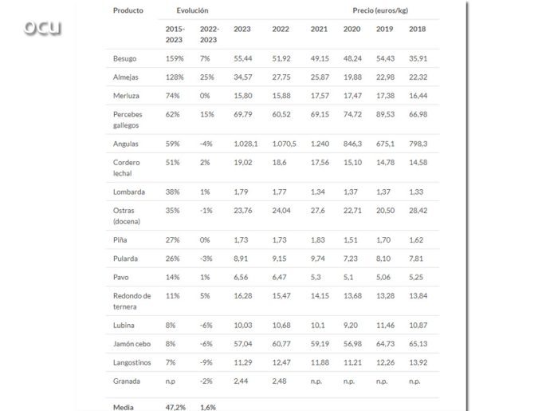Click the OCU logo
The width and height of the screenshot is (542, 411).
[x=42, y=28]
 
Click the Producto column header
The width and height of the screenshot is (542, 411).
[x=128, y=10]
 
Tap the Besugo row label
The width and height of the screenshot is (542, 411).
[x=124, y=59]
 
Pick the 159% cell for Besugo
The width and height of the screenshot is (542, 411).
[x=175, y=59]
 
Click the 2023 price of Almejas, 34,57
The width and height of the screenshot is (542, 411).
[x=243, y=77]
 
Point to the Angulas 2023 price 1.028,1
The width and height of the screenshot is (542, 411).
[x=245, y=144]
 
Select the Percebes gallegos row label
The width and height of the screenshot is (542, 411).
[x=128, y=119]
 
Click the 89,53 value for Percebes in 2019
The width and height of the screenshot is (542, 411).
[x=385, y=114]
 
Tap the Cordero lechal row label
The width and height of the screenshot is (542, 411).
[x=127, y=168]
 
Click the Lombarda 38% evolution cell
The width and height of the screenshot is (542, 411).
[x=175, y=192]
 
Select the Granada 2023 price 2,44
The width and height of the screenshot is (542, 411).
[x=242, y=381]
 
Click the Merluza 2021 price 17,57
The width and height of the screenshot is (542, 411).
[x=319, y=96]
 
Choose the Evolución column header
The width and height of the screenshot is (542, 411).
[x=192, y=10]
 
